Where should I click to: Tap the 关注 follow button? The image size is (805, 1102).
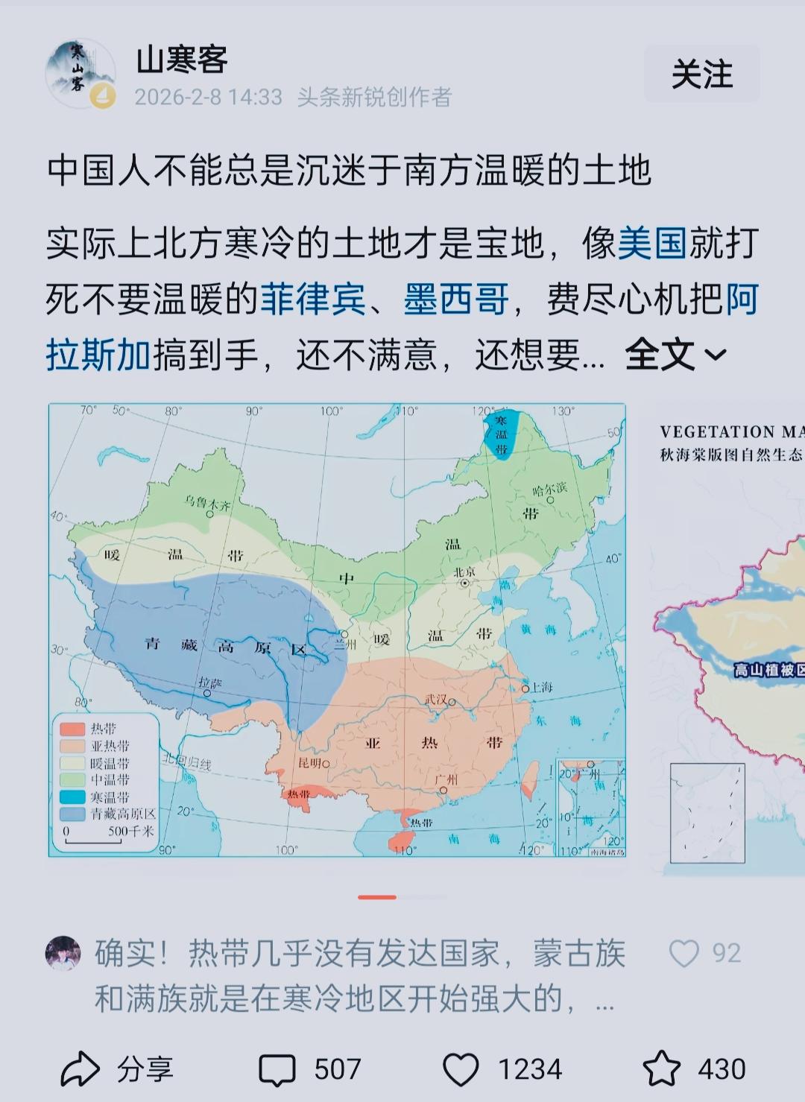701,74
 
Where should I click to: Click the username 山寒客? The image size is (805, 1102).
182,59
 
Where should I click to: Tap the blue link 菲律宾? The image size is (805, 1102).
312,300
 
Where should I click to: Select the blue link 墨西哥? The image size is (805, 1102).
456,300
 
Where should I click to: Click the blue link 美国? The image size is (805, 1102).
651,244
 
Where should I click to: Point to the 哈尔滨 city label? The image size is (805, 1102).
549,490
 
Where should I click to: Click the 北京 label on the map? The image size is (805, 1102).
464,572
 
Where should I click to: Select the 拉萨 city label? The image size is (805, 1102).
210,683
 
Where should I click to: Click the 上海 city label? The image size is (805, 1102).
540,687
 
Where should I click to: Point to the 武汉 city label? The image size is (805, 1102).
437,700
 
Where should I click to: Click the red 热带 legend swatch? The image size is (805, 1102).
72,729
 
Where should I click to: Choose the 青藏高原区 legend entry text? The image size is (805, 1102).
123,814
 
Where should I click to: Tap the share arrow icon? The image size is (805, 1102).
80,1070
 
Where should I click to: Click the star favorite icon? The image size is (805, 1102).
661,1069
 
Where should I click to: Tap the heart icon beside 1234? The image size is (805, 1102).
461,1070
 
